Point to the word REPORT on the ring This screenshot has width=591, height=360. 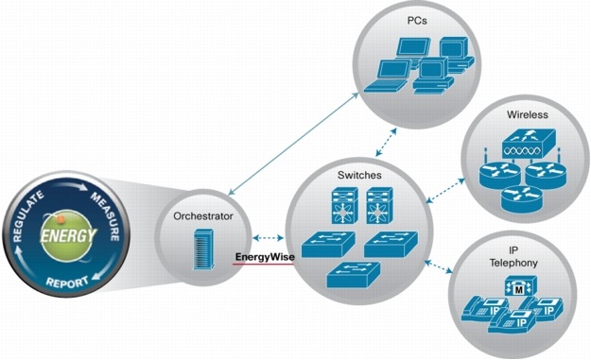pos(69,281)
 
